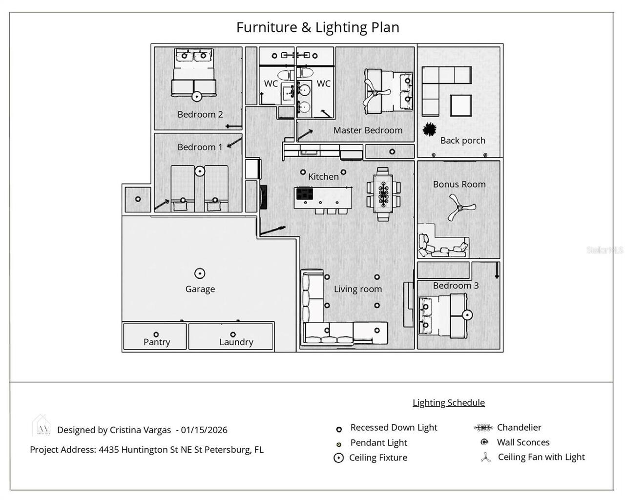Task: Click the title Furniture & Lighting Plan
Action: point(317,27)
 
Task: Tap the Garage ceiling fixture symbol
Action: point(200,273)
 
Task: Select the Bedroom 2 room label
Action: point(200,114)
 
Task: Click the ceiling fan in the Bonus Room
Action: point(459,208)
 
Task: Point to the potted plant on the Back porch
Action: point(429,129)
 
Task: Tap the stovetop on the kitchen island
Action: point(304,194)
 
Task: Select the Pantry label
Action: point(157,342)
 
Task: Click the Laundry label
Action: point(236,342)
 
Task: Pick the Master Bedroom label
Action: point(368,130)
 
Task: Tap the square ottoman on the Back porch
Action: point(460,105)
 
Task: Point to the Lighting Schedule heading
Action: point(448,402)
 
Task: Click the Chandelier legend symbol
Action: point(483,428)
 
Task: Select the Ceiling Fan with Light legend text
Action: point(541,457)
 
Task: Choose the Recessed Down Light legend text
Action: point(394,428)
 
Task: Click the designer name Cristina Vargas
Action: point(140,430)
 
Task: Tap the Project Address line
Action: point(146,450)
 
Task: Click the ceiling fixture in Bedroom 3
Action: point(467,315)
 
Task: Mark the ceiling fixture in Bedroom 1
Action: point(199,171)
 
